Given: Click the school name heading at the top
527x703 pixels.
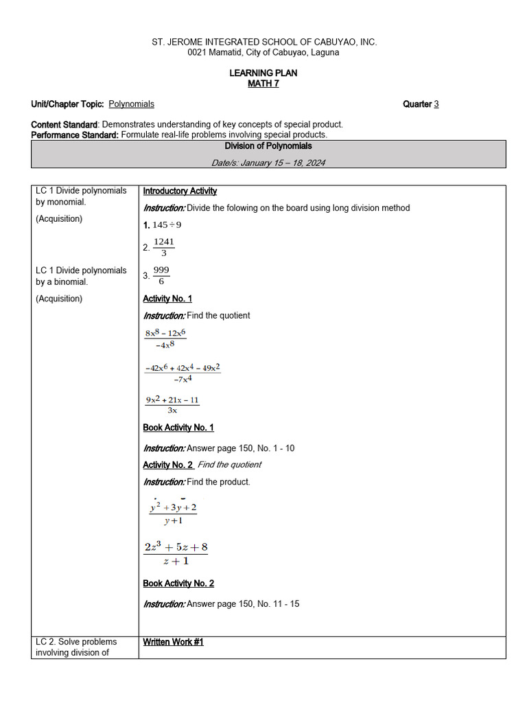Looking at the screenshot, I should (264, 42).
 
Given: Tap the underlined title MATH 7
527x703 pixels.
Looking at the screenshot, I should (263, 84).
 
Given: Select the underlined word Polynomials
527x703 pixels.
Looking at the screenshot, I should (131, 104).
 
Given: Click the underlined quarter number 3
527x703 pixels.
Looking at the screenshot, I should (436, 104).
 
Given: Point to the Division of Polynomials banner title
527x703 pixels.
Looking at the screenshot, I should (268, 146).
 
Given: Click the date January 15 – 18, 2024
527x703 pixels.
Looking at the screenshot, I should (268, 163).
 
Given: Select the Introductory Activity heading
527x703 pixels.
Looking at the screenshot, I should (180, 192).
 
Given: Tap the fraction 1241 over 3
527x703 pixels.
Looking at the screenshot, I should (163, 247).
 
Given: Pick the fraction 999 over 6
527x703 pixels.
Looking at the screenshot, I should (161, 275).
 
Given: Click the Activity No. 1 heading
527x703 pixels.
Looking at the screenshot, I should (167, 299).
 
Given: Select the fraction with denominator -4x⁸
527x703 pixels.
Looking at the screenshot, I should (165, 338).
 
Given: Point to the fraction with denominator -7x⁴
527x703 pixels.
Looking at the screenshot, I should (182, 373).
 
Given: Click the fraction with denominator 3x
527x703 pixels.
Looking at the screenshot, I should (172, 405).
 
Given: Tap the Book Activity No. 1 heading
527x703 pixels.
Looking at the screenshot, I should (178, 428).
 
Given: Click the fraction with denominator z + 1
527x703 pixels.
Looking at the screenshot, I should (176, 554).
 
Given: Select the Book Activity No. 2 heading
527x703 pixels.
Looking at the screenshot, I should (178, 584).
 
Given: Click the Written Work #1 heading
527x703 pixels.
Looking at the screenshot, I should (173, 642).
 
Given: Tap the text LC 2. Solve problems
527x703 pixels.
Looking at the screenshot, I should (76, 642).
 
